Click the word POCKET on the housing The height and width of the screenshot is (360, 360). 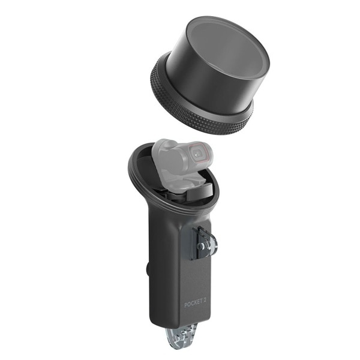(x=192, y=304)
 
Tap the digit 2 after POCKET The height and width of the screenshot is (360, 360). (x=203, y=301)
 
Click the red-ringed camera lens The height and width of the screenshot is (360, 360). (x=199, y=152)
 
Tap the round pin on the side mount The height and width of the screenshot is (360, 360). (x=200, y=246)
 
